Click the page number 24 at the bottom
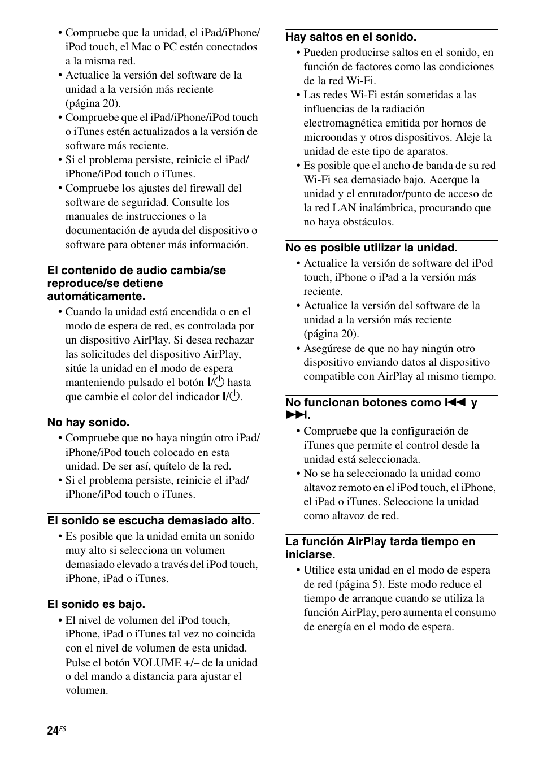53,731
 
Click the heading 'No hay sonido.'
88,422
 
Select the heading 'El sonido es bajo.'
96,604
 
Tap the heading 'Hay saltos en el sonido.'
351,37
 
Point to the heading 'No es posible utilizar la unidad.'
371,248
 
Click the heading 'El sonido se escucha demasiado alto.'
151,520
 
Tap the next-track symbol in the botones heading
295,415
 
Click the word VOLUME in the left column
156,662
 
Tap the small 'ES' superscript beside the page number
63,728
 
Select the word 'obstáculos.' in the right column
365,222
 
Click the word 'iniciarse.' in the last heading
310,554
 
